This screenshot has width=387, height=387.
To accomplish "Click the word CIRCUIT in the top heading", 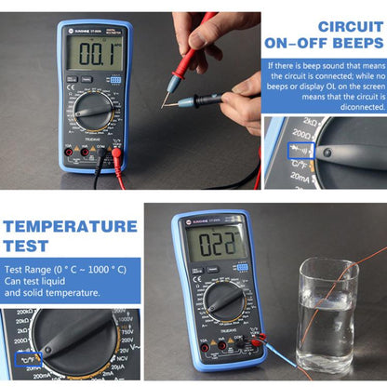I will pyautogui.click(x=336, y=25).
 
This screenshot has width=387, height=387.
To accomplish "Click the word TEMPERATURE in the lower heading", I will pyautogui.click(x=70, y=226).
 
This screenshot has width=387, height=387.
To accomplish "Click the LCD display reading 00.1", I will pyautogui.click(x=88, y=56).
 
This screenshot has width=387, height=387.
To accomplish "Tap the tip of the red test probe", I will pyautogui.click(x=168, y=90).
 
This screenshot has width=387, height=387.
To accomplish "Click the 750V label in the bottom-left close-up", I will pyautogui.click(x=125, y=327).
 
